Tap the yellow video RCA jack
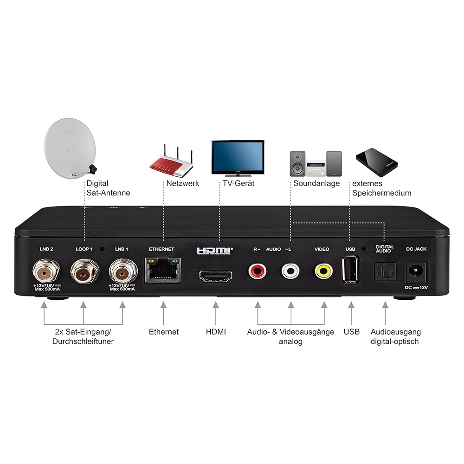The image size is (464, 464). pyautogui.click(x=323, y=271)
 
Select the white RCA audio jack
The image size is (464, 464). pyautogui.click(x=290, y=271)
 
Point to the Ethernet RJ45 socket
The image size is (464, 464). pyautogui.click(x=162, y=271)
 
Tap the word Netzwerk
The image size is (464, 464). pyautogui.click(x=182, y=183)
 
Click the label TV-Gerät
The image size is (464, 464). pyautogui.click(x=238, y=183)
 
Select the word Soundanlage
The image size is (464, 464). pyautogui.click(x=316, y=183)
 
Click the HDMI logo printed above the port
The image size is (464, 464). pyautogui.click(x=215, y=251)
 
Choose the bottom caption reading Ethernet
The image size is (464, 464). pyautogui.click(x=164, y=332)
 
